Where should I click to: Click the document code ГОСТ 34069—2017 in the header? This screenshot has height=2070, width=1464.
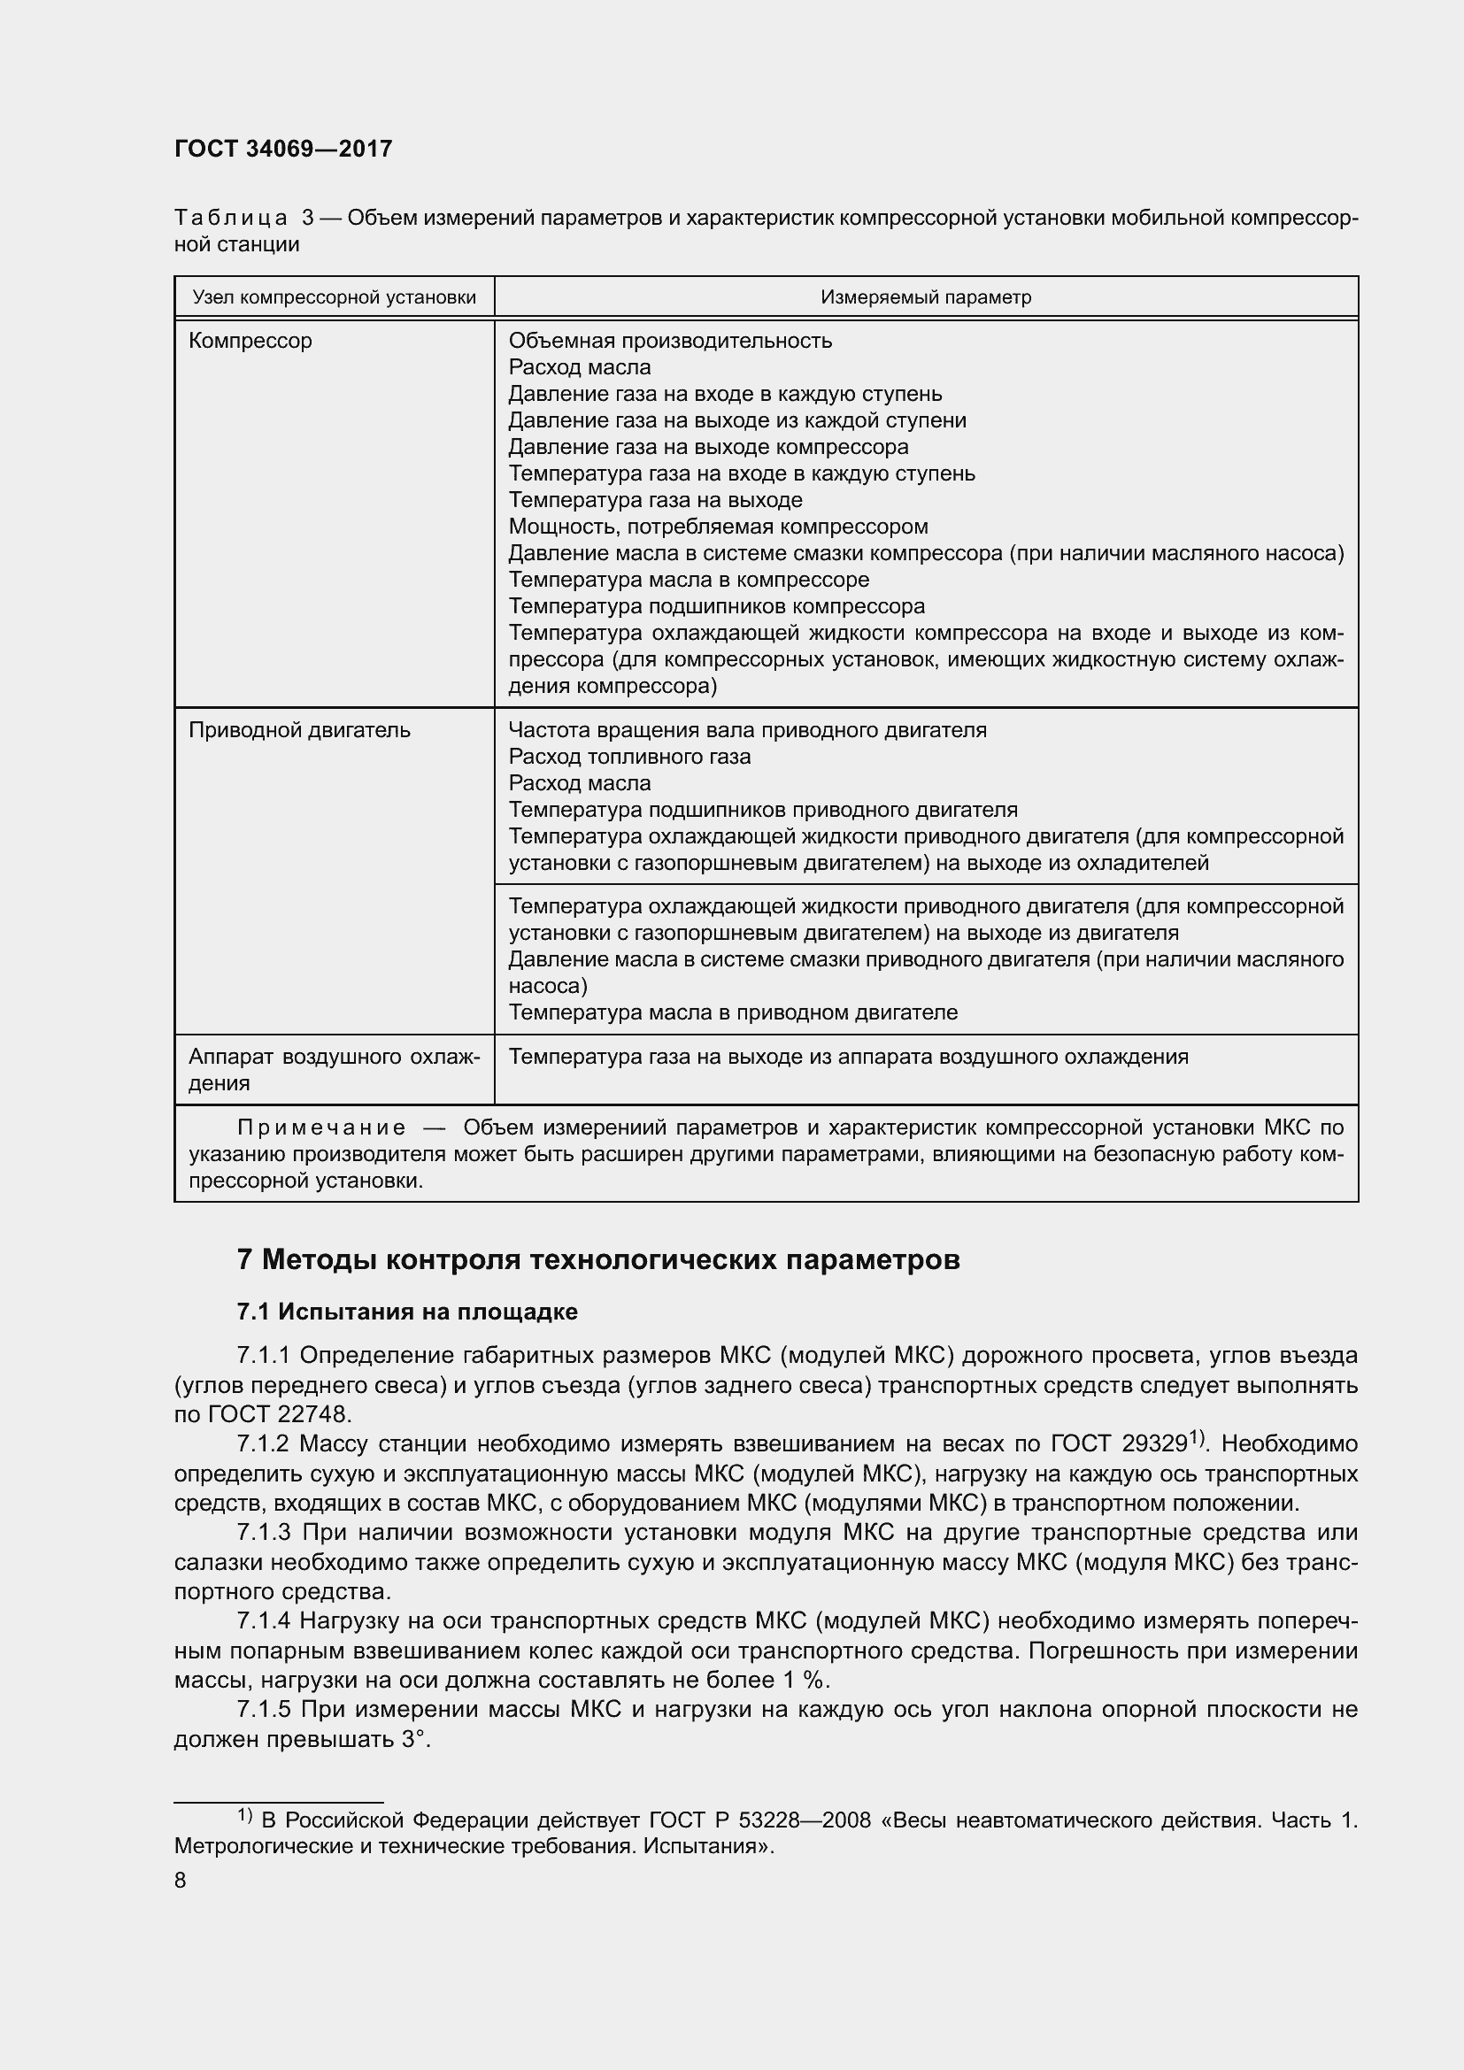point(283,149)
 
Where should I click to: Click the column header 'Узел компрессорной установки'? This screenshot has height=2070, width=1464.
point(334,297)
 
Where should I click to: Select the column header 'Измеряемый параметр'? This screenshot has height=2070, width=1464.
point(925,297)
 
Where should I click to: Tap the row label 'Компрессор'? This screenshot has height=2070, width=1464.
point(250,341)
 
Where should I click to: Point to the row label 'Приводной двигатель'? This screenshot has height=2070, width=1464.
point(299,730)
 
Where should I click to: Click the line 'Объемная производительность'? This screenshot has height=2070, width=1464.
point(670,341)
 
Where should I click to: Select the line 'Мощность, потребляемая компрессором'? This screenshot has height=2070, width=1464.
point(718,527)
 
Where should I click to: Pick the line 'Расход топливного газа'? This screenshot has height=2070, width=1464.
point(629,757)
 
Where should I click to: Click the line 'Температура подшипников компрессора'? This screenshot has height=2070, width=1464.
point(717,606)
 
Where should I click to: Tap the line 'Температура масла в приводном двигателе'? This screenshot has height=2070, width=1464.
point(732,1012)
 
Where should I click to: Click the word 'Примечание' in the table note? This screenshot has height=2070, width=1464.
point(322,1127)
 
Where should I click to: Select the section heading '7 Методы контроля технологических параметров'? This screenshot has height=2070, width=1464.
point(597,1259)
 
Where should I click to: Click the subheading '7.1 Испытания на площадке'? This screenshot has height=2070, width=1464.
point(406,1312)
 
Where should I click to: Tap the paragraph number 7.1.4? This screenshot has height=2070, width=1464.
point(263,1621)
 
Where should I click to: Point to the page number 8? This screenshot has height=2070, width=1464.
point(181,1881)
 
